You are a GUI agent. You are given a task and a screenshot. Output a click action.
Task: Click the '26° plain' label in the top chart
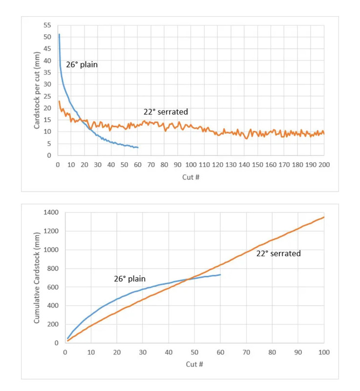tap(82, 64)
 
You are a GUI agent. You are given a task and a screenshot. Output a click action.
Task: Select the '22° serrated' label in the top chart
tap(166, 112)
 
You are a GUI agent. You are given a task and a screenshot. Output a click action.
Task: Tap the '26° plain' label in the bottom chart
tap(130, 278)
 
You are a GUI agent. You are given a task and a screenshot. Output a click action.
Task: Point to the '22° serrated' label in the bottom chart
tap(278, 253)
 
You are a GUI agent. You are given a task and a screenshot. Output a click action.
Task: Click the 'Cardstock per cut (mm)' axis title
tap(37, 91)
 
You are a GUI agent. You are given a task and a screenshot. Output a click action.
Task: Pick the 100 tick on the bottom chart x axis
tap(324, 351)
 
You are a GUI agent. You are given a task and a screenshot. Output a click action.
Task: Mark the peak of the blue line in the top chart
tap(59, 34)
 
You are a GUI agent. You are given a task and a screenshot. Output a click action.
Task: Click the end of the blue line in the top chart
tap(138, 148)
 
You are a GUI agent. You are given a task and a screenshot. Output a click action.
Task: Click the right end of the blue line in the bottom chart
tap(221, 275)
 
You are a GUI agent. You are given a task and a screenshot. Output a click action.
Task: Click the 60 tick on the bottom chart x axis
tap(221, 351)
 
